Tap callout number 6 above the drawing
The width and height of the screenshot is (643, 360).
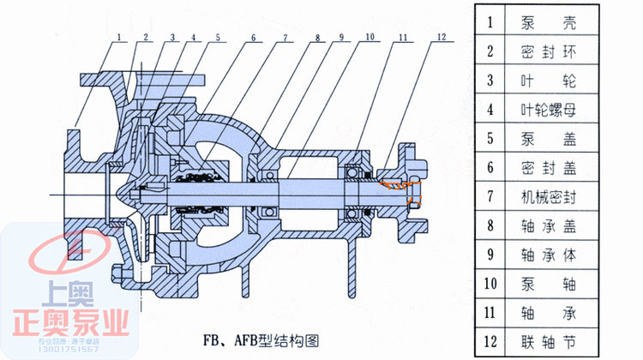pyautogui.click(x=254, y=37)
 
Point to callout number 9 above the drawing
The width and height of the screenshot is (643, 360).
pyautogui.click(x=340, y=37)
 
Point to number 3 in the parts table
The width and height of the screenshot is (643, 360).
pyautogui.click(x=490, y=81)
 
